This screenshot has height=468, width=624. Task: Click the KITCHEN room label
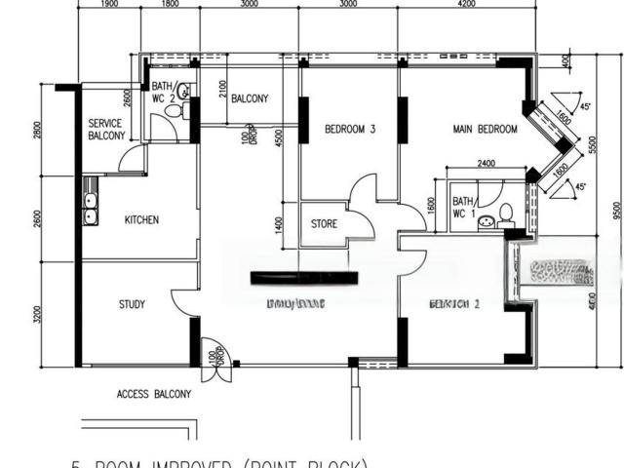point(141,220)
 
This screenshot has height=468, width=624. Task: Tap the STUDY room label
point(132,305)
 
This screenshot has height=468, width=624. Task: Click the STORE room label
point(325,224)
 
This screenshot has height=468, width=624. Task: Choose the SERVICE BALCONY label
point(106,130)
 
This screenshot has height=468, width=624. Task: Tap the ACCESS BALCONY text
point(154,395)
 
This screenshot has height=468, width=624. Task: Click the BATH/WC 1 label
point(463,207)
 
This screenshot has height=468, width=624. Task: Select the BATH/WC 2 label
point(162,93)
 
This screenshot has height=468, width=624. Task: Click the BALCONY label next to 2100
point(251,99)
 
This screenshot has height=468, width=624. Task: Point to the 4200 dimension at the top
point(465,5)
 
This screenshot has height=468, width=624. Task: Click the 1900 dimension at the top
point(109,5)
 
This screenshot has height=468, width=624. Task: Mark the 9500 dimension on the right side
point(617,210)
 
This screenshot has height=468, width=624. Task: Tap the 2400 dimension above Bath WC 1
point(487,164)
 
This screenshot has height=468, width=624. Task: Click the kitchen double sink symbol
point(90,208)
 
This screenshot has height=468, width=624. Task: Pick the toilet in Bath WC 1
point(505,214)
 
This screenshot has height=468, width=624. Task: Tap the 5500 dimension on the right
point(592,143)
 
